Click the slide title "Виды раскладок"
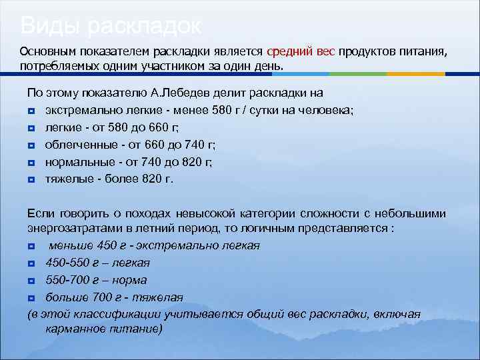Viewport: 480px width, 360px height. [111, 26]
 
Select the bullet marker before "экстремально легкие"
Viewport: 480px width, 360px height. [31, 111]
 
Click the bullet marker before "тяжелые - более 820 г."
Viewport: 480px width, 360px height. [31, 179]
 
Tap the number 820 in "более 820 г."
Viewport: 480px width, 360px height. [155, 179]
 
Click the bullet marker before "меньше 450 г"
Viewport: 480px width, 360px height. [31, 246]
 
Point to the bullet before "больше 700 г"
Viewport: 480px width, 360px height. [31, 297]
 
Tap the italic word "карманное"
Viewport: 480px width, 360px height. [79, 329]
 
